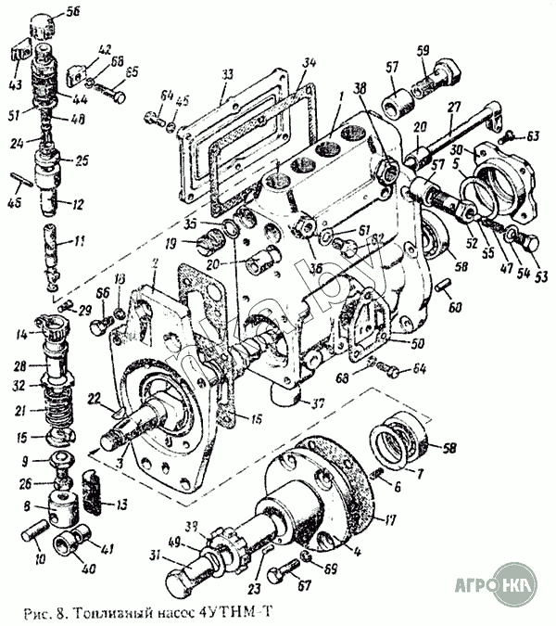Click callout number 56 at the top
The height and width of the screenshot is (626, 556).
click(x=74, y=12)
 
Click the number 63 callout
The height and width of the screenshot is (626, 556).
click(x=533, y=137)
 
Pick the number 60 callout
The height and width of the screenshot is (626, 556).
click(x=454, y=307)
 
